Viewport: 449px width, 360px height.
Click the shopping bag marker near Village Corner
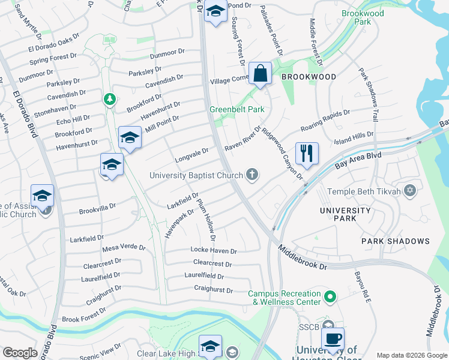[x=260, y=74]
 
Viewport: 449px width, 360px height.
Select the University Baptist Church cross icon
[x=253, y=175]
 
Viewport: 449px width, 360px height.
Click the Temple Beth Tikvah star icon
[x=411, y=191]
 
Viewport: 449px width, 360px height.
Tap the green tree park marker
[x=109, y=98]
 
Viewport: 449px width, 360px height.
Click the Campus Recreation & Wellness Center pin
[x=330, y=296]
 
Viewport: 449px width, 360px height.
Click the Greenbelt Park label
[x=237, y=110]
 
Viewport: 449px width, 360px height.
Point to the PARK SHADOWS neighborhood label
[x=396, y=241]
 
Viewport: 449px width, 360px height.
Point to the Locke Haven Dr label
[x=214, y=250]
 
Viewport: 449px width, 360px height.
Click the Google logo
[x=20, y=353]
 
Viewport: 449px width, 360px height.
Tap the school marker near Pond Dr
[x=214, y=11]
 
